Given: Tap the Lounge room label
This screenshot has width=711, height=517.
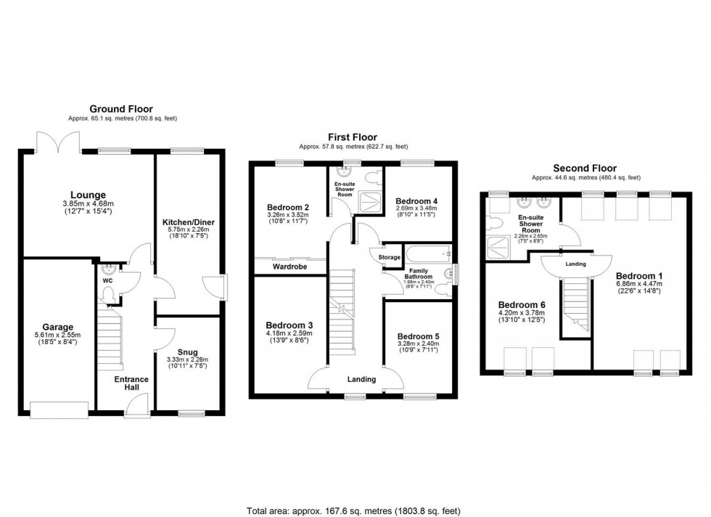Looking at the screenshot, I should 88,195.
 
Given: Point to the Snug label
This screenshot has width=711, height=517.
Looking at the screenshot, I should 188,352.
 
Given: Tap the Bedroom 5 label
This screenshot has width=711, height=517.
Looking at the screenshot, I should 419,336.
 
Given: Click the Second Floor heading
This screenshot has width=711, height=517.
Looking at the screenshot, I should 585,168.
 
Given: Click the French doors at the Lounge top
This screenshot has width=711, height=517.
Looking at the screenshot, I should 57,142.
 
